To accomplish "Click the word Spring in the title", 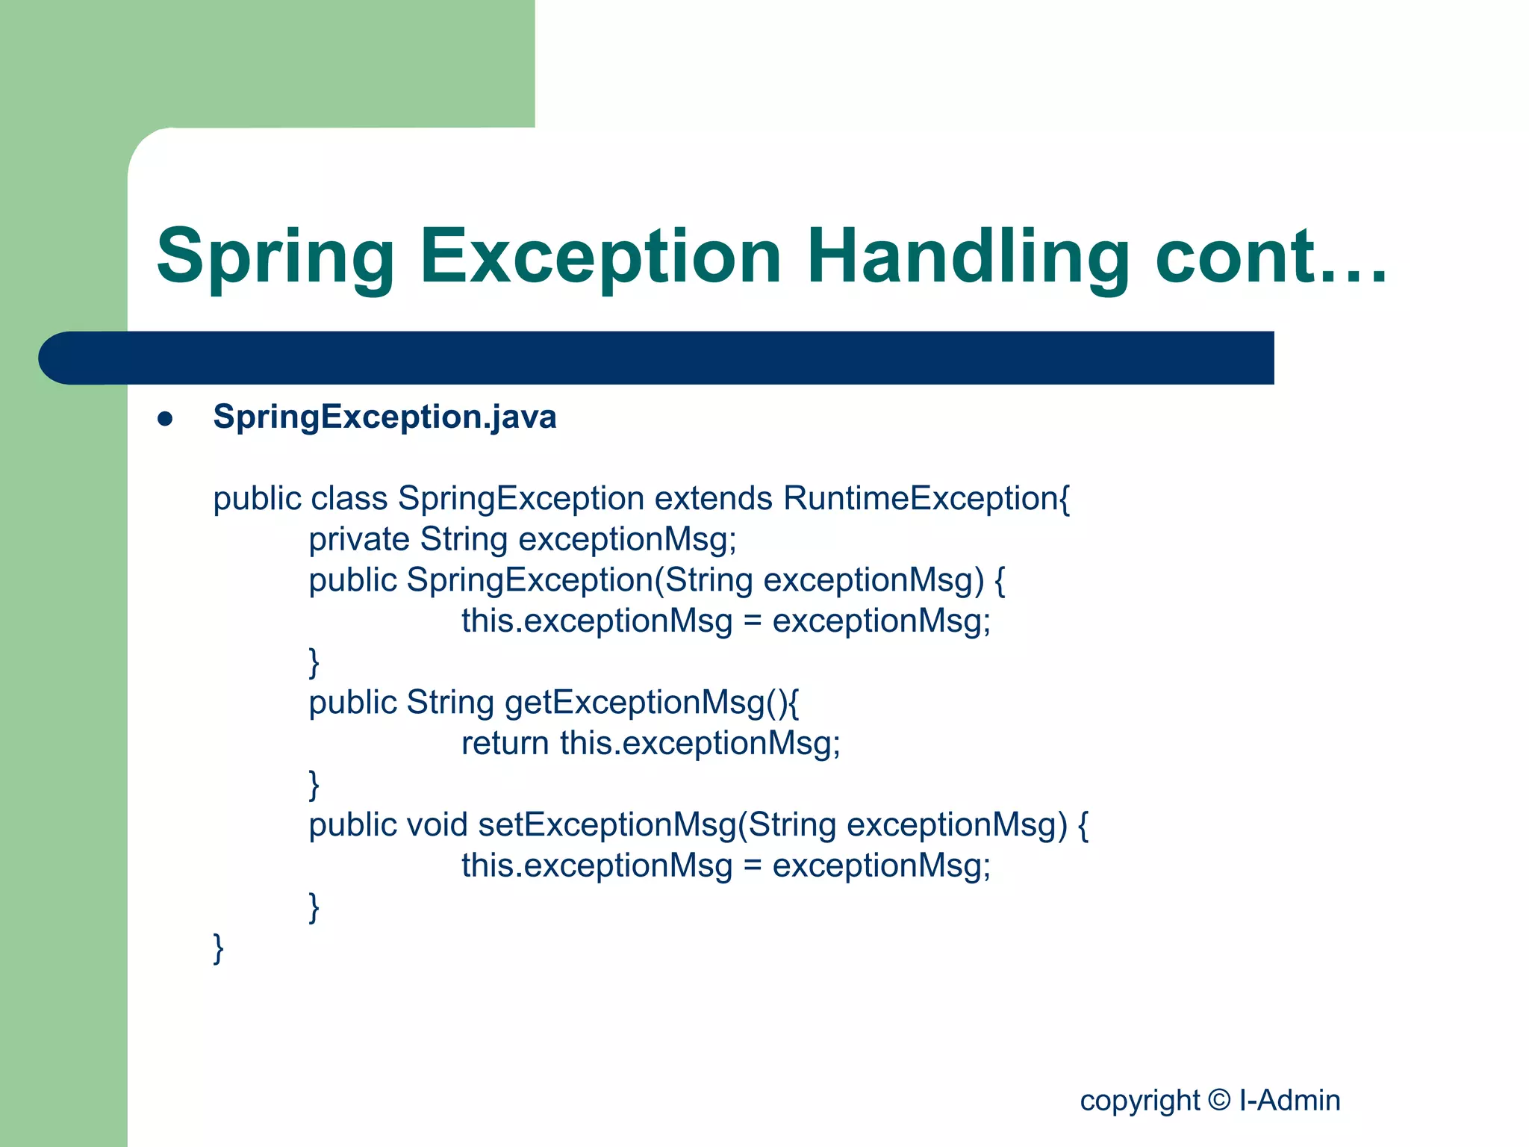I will point(275,258).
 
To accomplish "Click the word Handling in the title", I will point(968,258).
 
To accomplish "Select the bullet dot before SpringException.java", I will point(165,419).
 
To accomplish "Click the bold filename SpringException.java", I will point(384,417).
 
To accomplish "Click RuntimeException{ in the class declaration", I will point(927,498).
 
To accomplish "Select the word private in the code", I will point(359,539).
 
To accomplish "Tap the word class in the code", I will point(349,498).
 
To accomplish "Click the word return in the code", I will point(505,743).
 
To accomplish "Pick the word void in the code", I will point(437,824).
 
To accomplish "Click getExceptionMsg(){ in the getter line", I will point(652,703).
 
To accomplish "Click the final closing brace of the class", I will point(218,948).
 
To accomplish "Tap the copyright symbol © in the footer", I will point(1219,1100).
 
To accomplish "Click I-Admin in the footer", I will point(1289,1100).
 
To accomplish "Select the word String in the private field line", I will point(464,539).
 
